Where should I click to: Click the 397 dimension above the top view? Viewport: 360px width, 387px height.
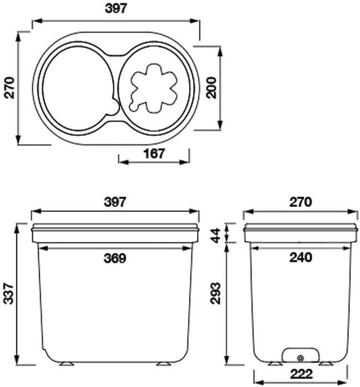(x=116, y=8)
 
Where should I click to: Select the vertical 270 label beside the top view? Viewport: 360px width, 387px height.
(x=10, y=88)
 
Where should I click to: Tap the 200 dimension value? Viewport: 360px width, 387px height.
(x=211, y=88)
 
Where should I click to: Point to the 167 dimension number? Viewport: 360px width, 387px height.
(x=154, y=153)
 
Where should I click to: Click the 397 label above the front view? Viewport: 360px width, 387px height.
(x=115, y=202)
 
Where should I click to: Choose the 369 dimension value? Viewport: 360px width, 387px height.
(x=115, y=258)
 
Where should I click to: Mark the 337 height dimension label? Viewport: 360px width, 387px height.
(x=9, y=294)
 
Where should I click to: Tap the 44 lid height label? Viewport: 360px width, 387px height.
(x=216, y=236)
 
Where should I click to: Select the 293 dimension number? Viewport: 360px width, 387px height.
(x=215, y=293)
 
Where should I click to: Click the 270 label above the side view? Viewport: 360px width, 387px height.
(x=300, y=202)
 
